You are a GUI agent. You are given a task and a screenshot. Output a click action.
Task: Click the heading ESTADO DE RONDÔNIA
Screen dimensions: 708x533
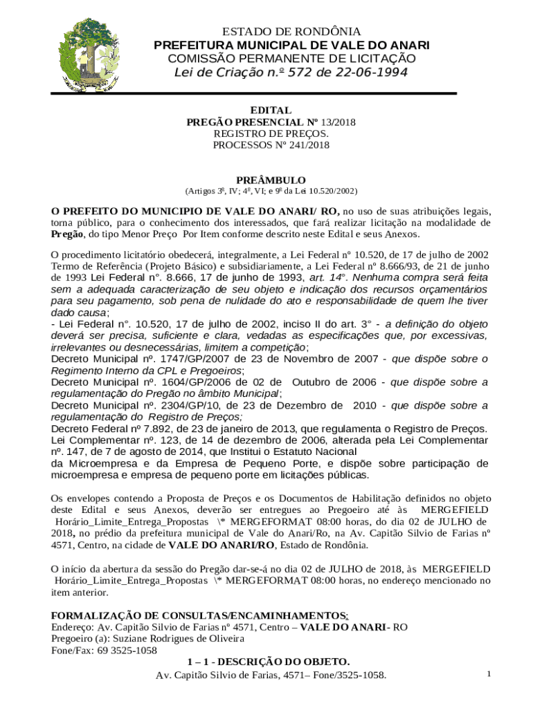point(291,32)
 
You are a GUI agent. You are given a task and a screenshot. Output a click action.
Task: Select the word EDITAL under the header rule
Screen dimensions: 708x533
point(270,111)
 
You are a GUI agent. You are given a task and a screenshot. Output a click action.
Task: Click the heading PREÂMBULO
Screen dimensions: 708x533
point(271,180)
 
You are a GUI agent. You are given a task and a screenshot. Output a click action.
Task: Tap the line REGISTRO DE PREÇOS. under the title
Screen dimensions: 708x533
point(271,133)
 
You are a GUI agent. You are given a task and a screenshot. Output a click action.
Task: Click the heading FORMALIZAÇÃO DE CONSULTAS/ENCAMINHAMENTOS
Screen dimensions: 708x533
point(199,615)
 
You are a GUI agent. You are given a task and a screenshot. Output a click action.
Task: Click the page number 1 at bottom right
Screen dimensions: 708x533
point(488,673)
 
